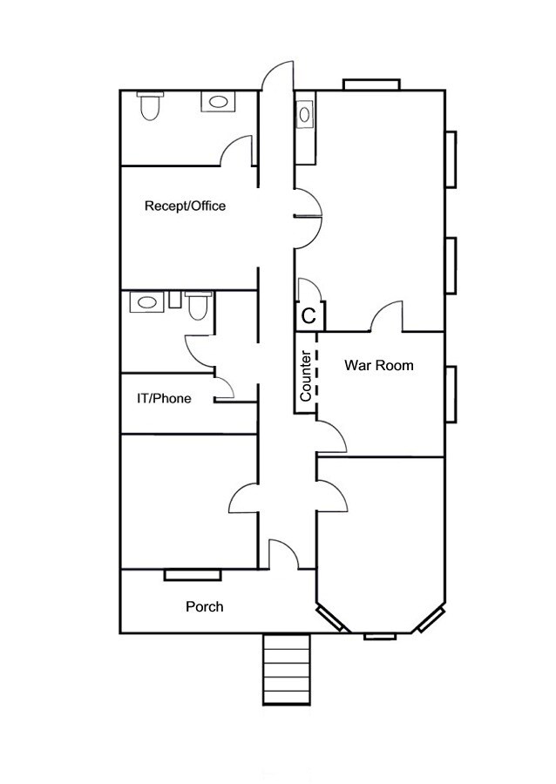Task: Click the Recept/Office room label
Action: pyautogui.click(x=185, y=206)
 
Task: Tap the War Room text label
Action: pyautogui.click(x=379, y=366)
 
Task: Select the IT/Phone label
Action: pyautogui.click(x=164, y=398)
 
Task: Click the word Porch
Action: pyautogui.click(x=205, y=607)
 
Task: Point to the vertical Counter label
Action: pyautogui.click(x=306, y=376)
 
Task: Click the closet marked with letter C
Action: pyautogui.click(x=309, y=315)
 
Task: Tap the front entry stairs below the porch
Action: pyautogui.click(x=287, y=670)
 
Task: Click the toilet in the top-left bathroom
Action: pyautogui.click(x=150, y=106)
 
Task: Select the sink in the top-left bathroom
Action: pyautogui.click(x=218, y=102)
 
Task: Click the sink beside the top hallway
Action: pyautogui.click(x=304, y=115)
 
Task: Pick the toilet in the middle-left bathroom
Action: pyautogui.click(x=198, y=306)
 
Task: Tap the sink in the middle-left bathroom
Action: pyautogui.click(x=146, y=302)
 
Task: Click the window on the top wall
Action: pyautogui.click(x=371, y=84)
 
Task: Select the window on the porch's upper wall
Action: pyautogui.click(x=193, y=575)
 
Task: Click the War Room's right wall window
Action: pyautogui.click(x=451, y=395)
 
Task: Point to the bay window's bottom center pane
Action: pyautogui.click(x=380, y=637)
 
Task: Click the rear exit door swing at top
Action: pyautogui.click(x=276, y=76)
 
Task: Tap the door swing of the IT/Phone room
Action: pyautogui.click(x=225, y=389)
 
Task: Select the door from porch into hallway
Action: pyautogui.click(x=284, y=555)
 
